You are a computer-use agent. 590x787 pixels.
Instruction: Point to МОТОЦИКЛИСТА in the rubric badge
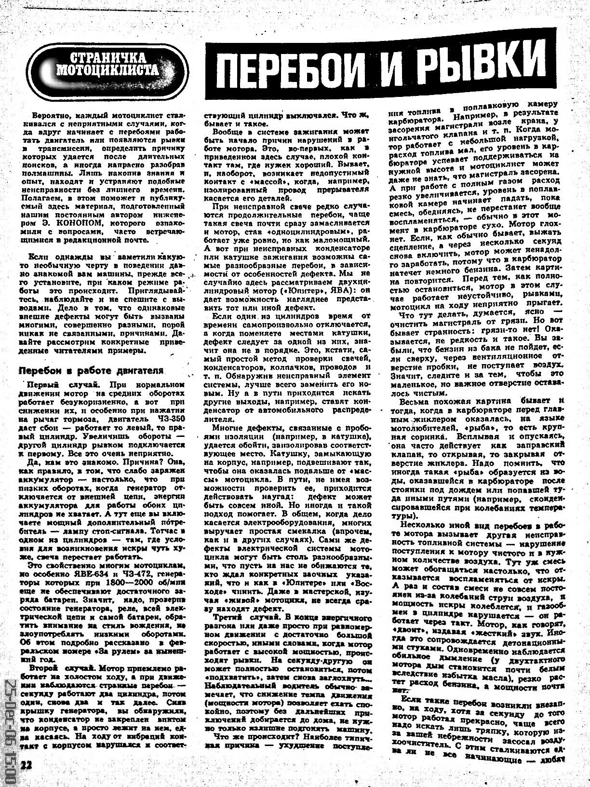[108, 71]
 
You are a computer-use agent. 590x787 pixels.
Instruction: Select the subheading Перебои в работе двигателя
[91, 370]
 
